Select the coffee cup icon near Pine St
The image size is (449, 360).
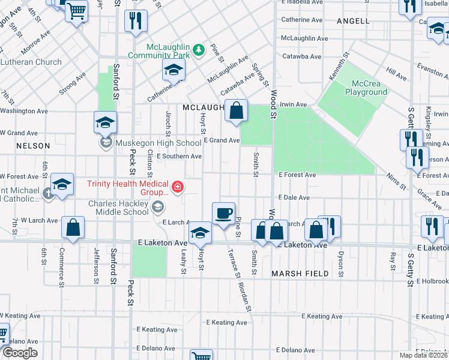pyautogui.click(x=223, y=214)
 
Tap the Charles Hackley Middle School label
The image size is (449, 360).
pyautogui.click(x=118, y=208)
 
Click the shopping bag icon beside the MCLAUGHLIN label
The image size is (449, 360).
pyautogui.click(x=237, y=111)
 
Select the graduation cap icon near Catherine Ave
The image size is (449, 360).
pyautogui.click(x=173, y=72)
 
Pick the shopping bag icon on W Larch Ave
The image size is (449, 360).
pyautogui.click(x=73, y=228)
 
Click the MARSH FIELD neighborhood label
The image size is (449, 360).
pyautogui.click(x=300, y=274)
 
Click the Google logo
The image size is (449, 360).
pyautogui.click(x=20, y=353)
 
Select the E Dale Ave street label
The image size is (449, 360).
pyautogui.click(x=294, y=197)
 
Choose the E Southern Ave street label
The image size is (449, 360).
pyautogui.click(x=179, y=157)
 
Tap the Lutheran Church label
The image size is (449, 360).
pyautogui.click(x=31, y=62)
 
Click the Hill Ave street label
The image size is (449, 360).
pyautogui.click(x=396, y=74)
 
